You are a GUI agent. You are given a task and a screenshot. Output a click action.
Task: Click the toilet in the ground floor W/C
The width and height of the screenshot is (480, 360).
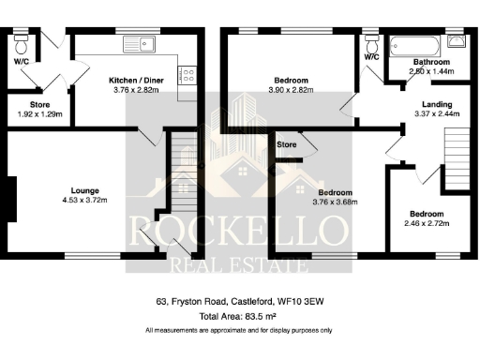tap(22, 43)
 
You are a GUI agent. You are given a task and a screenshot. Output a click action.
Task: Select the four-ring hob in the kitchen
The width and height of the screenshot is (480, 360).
tap(187, 74)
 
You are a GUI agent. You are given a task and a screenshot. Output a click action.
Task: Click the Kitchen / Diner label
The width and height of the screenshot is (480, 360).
tap(136, 82)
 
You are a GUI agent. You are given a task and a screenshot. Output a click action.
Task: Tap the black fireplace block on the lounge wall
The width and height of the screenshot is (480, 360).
tap(10, 198)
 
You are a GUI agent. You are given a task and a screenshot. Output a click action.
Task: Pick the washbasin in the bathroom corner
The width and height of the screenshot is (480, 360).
tap(457, 41)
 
